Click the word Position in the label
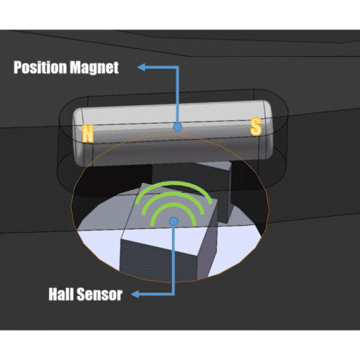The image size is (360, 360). point(40,68)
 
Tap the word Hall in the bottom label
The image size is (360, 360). point(61,294)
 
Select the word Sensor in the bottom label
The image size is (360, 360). point(99,294)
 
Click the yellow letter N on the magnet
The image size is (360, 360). point(88,133)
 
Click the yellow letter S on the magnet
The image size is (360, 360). point(256,127)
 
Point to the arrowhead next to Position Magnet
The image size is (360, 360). point(141,68)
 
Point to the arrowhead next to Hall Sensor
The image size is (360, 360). point(135,294)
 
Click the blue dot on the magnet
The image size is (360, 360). point(177,127)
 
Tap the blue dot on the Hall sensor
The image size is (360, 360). point(174,221)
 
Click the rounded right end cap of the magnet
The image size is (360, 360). point(267,130)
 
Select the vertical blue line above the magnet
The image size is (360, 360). point(177,95)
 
